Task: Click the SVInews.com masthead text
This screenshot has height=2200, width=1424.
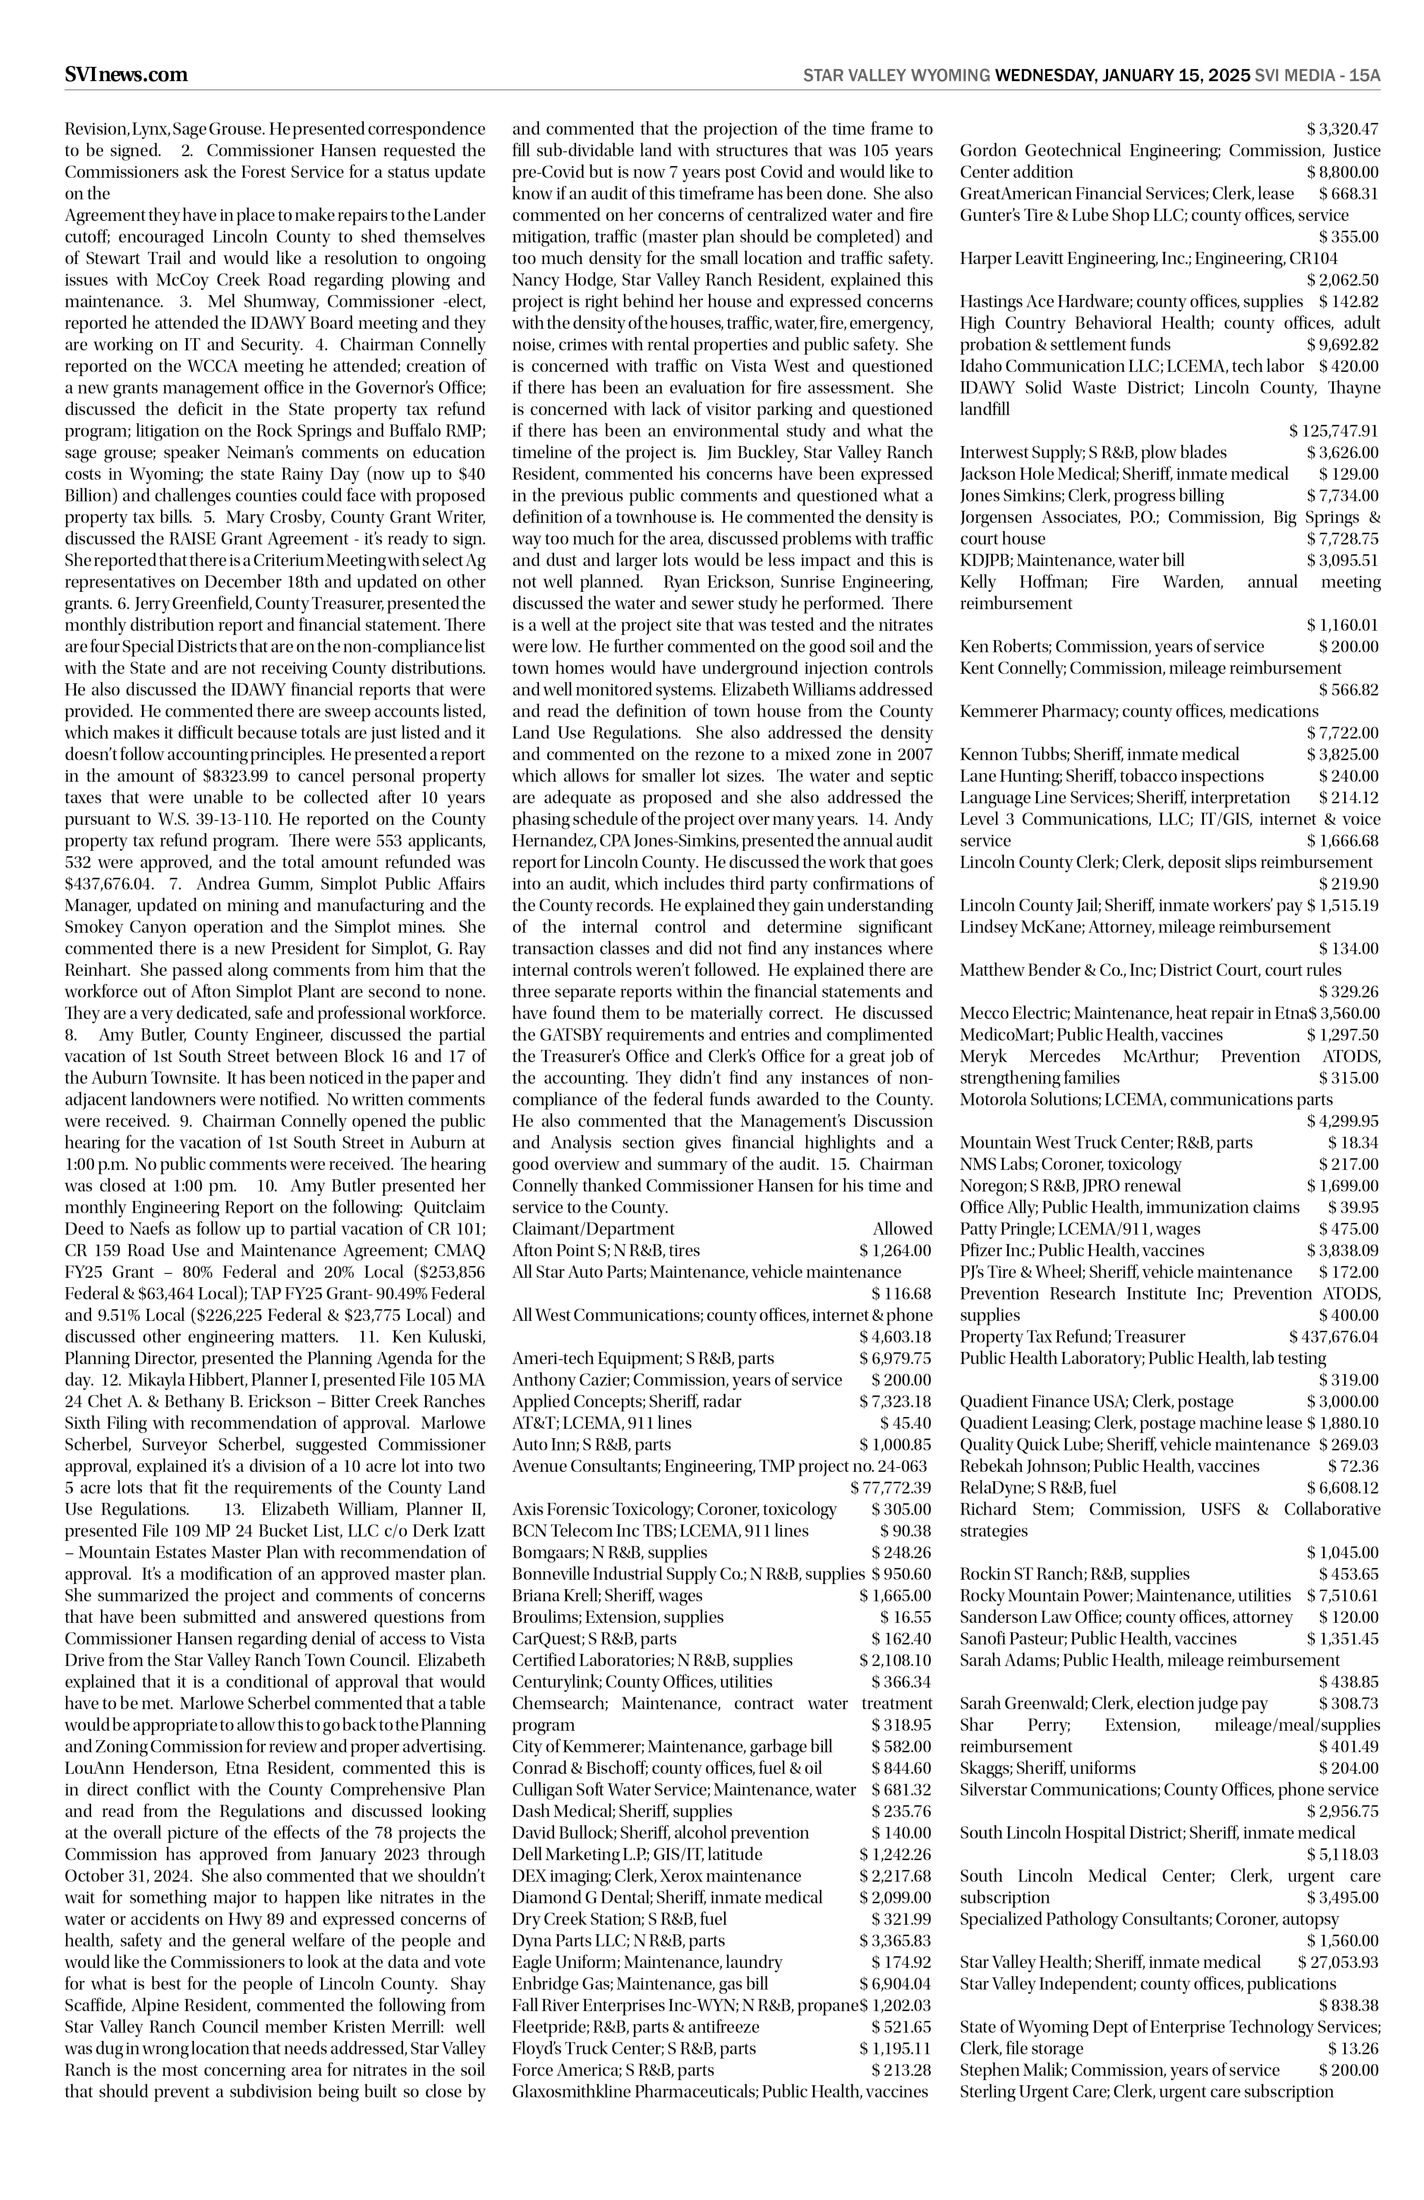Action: [126, 75]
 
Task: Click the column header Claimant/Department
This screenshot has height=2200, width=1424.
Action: [594, 1229]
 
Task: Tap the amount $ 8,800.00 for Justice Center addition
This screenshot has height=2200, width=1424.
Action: [1342, 172]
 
